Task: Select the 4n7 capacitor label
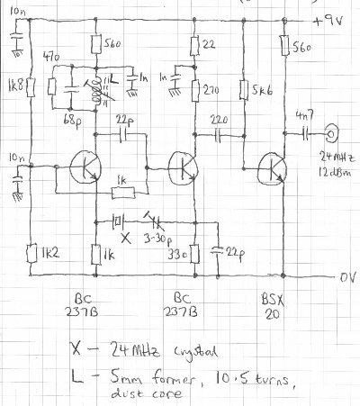pos(301,113)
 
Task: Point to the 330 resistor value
pos(176,256)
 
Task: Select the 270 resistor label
pos(214,90)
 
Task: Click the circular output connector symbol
pos(332,135)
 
